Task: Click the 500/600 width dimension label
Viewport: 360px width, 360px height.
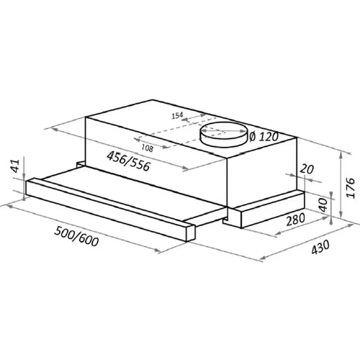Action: tap(76, 236)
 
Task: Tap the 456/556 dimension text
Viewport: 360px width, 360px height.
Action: tap(128, 161)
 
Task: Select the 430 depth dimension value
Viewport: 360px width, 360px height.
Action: tap(320, 247)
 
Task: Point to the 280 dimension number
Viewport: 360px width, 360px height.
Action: tap(295, 220)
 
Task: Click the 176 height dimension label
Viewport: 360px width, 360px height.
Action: tap(351, 188)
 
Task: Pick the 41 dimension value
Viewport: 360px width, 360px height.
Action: tap(16, 166)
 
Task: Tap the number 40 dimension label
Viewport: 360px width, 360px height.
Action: tap(323, 204)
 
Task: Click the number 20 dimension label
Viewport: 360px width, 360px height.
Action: tap(307, 169)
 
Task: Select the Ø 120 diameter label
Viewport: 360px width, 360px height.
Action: tap(264, 137)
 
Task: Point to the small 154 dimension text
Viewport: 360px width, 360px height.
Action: tap(177, 115)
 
